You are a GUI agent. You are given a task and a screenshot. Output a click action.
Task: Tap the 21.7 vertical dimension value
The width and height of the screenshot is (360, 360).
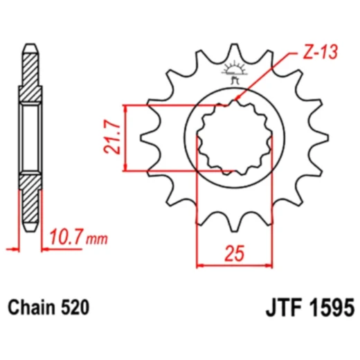(x=114, y=137)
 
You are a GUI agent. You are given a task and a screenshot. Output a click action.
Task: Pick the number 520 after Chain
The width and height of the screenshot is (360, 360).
(x=75, y=305)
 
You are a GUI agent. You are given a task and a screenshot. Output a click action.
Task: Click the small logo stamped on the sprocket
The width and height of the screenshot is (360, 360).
(x=233, y=72)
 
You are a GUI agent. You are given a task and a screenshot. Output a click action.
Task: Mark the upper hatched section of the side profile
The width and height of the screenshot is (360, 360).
(x=30, y=75)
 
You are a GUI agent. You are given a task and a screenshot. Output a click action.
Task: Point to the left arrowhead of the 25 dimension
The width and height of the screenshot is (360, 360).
(x=201, y=264)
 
